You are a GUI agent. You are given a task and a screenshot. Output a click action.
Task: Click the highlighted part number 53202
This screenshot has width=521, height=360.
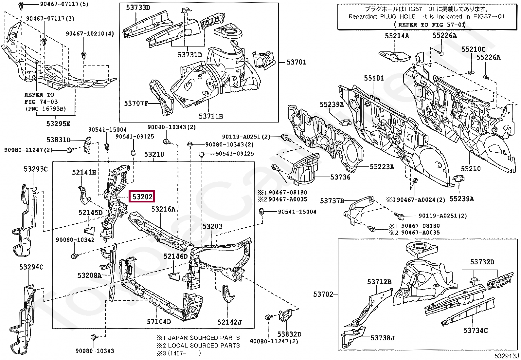142,197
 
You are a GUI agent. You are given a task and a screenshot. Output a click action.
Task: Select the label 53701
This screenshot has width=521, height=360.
296,62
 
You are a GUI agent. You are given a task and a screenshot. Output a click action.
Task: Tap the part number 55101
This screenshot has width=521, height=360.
374,78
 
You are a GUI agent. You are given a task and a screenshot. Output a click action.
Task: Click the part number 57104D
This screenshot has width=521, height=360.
159,322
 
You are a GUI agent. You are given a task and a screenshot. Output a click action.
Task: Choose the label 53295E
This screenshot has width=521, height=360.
58,124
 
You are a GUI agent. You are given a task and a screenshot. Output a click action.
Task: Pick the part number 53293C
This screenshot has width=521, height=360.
35,169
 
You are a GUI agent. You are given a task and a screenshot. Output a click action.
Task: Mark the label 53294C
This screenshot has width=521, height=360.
31,267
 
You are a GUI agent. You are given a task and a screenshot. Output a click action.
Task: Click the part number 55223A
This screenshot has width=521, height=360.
382,167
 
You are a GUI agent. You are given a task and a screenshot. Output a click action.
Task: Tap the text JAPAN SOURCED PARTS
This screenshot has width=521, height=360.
204,338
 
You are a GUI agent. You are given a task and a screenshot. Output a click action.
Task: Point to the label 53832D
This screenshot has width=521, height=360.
289,334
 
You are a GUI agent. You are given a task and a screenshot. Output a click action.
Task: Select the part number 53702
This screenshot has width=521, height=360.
323,294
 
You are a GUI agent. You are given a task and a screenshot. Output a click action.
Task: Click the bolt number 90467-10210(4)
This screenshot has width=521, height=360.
90,34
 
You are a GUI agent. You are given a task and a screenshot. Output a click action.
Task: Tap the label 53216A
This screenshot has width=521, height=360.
163,209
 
